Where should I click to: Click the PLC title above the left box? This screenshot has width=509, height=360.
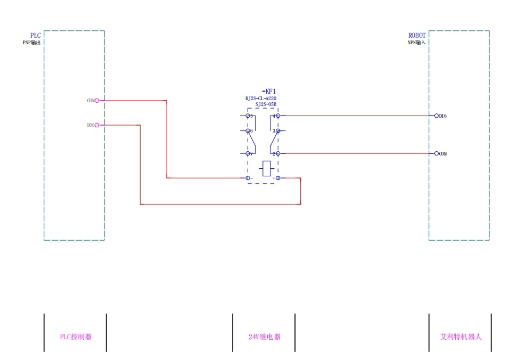click(36, 36)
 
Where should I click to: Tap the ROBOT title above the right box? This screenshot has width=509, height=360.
click(417, 36)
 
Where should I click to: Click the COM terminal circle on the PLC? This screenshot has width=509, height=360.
click(97, 101)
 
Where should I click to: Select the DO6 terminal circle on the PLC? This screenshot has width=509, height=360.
click(97, 125)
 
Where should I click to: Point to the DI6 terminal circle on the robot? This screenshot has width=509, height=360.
click(437, 116)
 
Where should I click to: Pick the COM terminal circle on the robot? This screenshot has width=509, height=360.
click(437, 153)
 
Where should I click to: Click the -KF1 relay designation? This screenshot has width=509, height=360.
click(269, 92)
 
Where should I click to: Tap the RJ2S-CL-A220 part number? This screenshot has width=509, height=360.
click(261, 99)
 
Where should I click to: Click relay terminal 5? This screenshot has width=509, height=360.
click(248, 116)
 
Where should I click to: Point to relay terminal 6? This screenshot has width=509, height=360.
click(248, 130)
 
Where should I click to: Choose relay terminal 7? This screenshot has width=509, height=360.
click(248, 153)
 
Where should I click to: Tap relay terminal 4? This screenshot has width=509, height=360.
click(277, 116)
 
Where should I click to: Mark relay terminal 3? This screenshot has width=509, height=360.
click(277, 130)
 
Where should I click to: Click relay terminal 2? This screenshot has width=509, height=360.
click(277, 153)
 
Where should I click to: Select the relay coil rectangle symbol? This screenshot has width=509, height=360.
click(267, 168)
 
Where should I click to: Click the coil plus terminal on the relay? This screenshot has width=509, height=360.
click(277, 178)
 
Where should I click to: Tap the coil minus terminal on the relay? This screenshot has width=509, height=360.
click(248, 178)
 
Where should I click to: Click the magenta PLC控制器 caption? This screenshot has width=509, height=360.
click(76, 337)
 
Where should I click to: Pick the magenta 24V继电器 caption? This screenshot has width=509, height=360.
click(264, 337)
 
